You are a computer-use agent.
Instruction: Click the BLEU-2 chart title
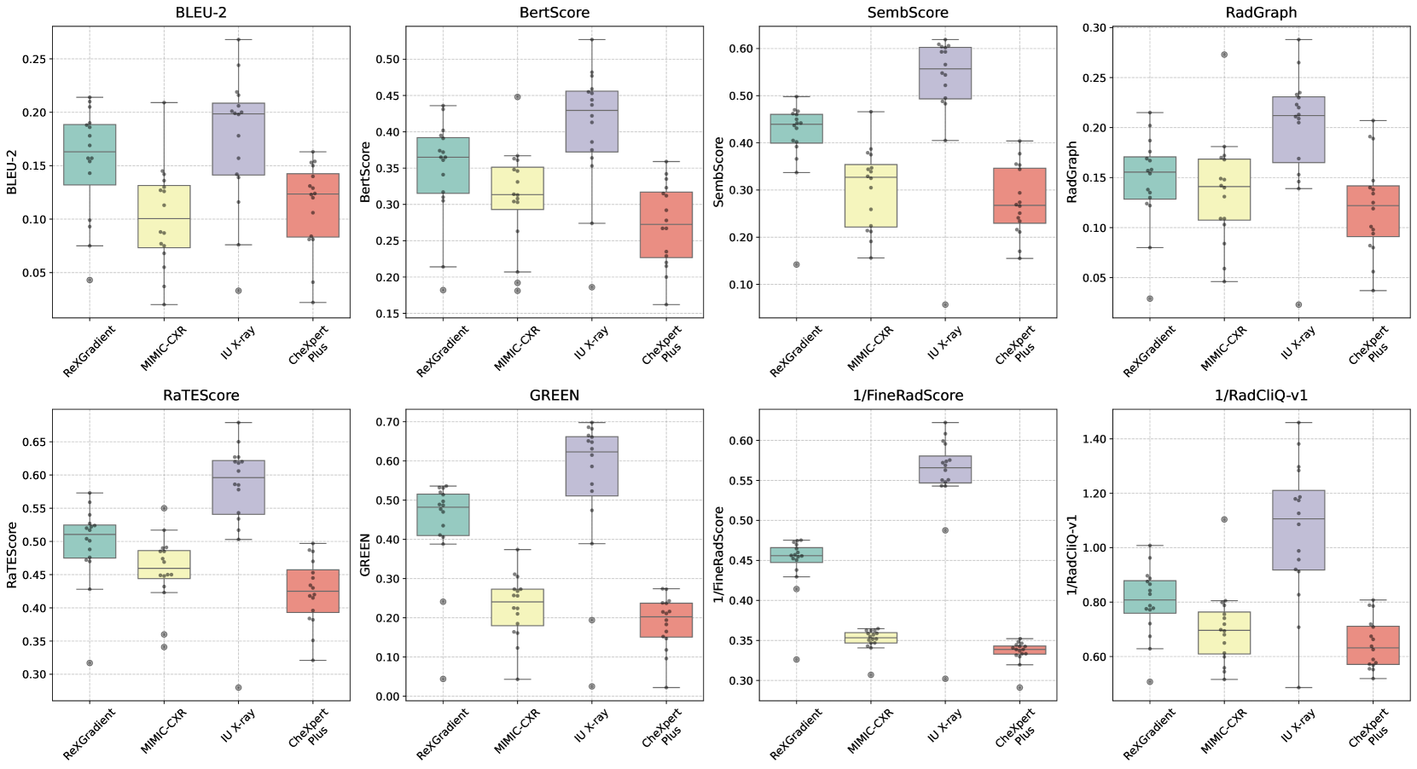click(200, 13)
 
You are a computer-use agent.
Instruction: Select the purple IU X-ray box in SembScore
click(945, 73)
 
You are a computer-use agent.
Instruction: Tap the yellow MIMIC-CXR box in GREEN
click(517, 607)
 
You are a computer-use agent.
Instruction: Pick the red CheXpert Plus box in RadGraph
click(1373, 211)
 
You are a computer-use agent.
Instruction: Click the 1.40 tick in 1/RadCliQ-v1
click(1088, 439)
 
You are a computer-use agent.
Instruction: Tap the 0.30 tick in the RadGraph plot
click(1094, 28)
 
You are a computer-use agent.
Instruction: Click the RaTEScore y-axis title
click(12, 555)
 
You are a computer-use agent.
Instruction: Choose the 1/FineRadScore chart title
click(908, 396)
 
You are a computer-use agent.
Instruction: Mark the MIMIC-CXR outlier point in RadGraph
click(1224, 55)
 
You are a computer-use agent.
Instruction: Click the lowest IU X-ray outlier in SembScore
click(945, 304)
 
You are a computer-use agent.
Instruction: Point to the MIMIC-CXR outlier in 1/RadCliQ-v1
click(1224, 519)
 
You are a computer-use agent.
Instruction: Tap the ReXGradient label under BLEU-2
click(89, 351)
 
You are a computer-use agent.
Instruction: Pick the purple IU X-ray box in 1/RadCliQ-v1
click(1298, 529)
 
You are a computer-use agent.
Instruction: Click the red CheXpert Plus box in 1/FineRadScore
click(1019, 650)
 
